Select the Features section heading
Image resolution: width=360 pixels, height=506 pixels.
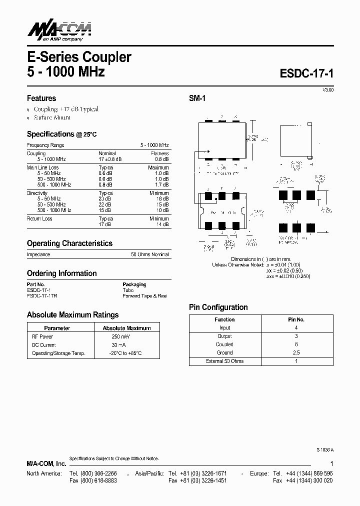pos(41,98)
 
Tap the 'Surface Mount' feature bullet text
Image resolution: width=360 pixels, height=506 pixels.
pos(52,117)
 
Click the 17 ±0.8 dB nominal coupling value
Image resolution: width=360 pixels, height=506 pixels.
pos(110,159)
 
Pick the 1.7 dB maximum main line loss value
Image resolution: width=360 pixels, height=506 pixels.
pos(161,184)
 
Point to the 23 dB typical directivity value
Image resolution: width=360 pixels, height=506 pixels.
pos(105,198)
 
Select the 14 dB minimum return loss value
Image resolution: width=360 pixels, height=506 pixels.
pos(162,224)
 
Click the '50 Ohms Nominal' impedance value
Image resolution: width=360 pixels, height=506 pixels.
pos(150,254)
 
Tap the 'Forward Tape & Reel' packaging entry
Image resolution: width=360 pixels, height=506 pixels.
pos(144,296)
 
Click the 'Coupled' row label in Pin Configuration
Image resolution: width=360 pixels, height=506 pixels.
pos(224,344)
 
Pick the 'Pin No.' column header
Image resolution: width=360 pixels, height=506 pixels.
pos(296,319)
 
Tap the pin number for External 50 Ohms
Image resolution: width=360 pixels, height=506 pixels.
pos(296,361)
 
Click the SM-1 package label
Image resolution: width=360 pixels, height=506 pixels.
pos(197,99)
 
